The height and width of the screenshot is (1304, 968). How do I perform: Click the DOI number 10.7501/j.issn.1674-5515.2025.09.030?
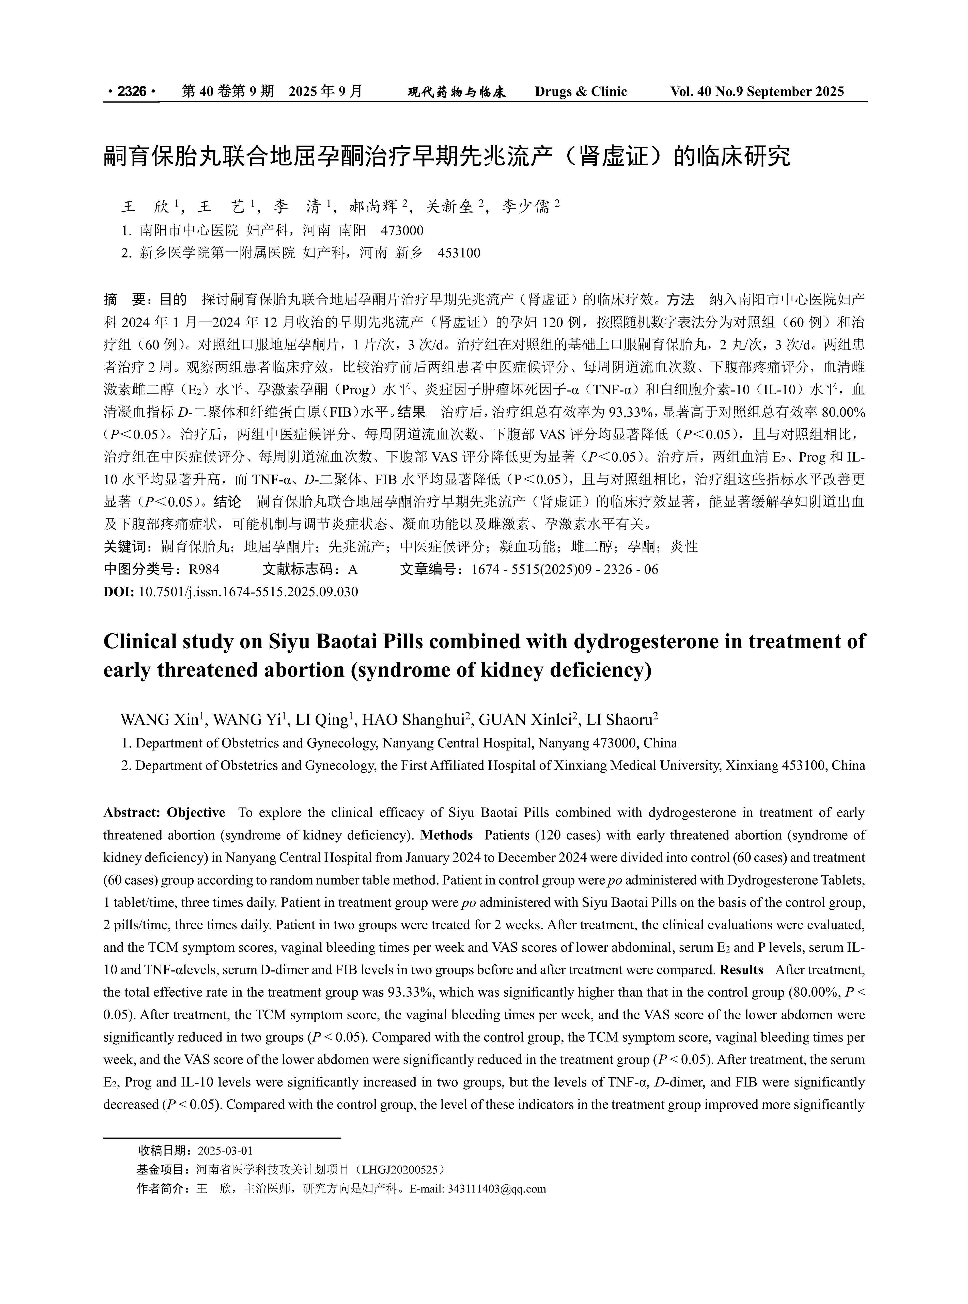point(248,592)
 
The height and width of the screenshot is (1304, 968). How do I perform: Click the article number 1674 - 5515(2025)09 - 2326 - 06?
point(565,569)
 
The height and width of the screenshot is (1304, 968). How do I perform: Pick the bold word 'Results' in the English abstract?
point(741,969)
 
